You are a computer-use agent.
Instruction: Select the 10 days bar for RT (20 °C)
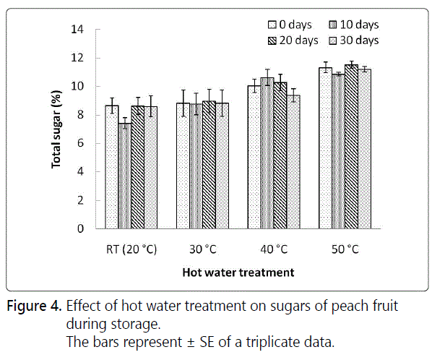tap(124, 176)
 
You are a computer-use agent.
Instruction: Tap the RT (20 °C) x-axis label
tap(131, 249)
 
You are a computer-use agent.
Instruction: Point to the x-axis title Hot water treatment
tap(238, 273)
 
